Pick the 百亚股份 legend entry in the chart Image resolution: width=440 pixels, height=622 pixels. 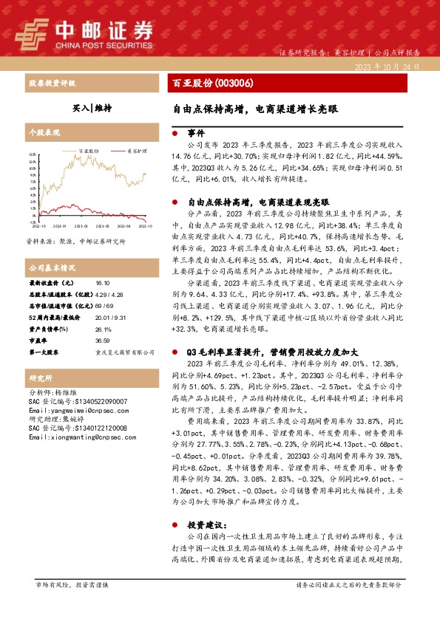pos(84,149)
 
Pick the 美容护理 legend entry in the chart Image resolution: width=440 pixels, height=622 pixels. pos(126,149)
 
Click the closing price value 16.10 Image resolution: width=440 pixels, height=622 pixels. pos(103,282)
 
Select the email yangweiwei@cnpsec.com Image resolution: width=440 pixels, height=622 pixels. pos(70,410)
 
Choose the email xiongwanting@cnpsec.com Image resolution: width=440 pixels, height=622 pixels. pos(73,437)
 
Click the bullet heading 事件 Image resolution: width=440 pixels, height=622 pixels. pos(195,134)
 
